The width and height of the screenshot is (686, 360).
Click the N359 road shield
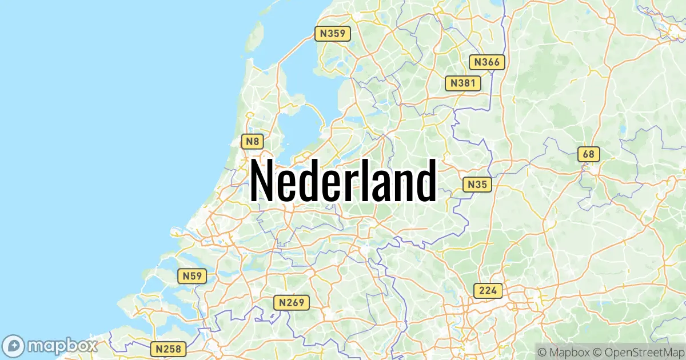tap(332, 33)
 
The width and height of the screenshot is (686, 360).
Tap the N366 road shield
tap(486, 62)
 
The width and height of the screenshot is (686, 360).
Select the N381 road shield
tap(462, 83)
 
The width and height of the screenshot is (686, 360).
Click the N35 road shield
tap(477, 185)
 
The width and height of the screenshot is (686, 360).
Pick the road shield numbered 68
tap(589, 154)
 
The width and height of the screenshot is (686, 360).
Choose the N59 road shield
tap(192, 277)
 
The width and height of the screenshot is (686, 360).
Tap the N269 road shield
tap(291, 302)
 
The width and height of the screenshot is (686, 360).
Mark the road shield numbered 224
tap(488, 290)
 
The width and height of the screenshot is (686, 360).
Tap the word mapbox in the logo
tap(62, 346)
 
